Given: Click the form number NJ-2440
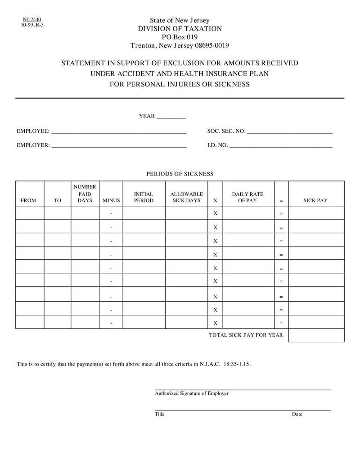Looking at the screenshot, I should [31, 19].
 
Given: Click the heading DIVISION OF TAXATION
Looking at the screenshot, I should [180, 29].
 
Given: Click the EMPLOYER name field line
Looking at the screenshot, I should [119, 146].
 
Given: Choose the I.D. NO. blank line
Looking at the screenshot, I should [281, 146].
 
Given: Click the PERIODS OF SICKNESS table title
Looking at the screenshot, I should [180, 174].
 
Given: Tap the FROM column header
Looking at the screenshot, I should [28, 200].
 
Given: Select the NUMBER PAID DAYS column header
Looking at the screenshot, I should [85, 194].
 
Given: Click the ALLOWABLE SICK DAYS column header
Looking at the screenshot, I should [186, 197].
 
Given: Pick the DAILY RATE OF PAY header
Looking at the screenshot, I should [247, 197].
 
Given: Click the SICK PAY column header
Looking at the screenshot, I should [315, 200].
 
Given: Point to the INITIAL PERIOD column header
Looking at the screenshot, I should [144, 197].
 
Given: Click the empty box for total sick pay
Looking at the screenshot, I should [316, 335].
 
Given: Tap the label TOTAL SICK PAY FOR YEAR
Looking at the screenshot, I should [246, 335].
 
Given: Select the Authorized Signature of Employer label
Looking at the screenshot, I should [192, 394].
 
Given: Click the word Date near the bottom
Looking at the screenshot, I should [297, 414].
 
